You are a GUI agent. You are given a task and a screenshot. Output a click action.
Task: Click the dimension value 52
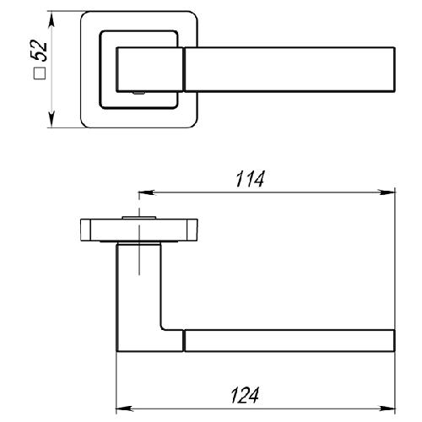[x=39, y=51]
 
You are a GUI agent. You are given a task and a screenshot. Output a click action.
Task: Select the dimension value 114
[x=250, y=179]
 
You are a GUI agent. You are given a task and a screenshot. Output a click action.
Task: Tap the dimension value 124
[x=245, y=395]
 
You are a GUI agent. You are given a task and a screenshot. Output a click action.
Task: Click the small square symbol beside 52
[x=40, y=73]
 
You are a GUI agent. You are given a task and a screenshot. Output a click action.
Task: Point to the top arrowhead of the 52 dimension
[x=51, y=19]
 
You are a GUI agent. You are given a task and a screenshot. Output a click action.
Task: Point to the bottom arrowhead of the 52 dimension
[x=51, y=120]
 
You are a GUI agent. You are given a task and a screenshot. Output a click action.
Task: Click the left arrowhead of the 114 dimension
[x=146, y=192]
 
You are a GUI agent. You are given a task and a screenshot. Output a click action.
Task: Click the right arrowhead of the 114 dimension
[x=387, y=192]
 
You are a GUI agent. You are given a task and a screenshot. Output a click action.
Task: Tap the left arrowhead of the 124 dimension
[x=124, y=408]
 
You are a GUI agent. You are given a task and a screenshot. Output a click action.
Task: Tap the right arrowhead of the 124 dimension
[x=387, y=408]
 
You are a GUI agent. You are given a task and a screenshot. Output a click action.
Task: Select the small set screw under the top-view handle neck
[x=138, y=93]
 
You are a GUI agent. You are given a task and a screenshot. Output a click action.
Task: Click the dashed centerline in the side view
[x=139, y=234]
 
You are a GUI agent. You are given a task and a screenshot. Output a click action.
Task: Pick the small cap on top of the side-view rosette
[x=139, y=218]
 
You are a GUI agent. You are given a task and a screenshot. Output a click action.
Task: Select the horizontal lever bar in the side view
[x=289, y=340]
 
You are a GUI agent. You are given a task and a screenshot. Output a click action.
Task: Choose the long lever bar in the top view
[x=289, y=69]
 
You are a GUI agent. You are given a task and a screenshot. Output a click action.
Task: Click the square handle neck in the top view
[x=150, y=69]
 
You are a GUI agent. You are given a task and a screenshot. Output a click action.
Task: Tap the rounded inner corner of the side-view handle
[x=163, y=327]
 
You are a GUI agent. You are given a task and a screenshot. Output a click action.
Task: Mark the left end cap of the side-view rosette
[x=85, y=230]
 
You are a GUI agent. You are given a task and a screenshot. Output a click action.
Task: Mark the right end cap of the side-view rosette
[x=192, y=230]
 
